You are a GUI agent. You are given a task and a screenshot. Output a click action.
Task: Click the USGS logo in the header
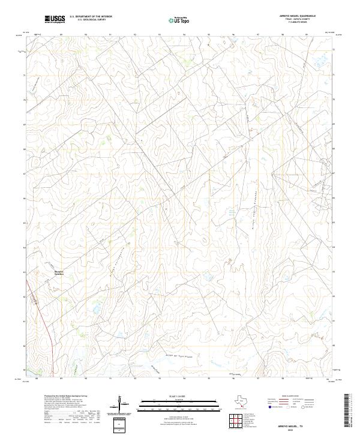pos(55,20)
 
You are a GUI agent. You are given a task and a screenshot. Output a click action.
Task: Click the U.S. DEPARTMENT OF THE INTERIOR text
pos(91,17)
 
